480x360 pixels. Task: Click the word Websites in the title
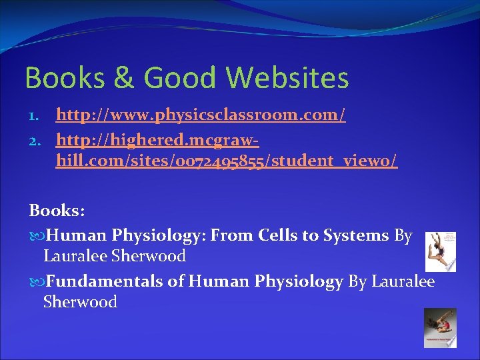[287, 78]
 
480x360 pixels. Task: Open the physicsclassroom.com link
[201, 116]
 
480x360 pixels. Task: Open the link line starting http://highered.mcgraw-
[157, 141]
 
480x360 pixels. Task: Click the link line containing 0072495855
[227, 163]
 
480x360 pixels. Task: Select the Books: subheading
[57, 211]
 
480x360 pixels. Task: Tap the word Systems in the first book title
[357, 235]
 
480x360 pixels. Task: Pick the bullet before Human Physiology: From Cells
[37, 236]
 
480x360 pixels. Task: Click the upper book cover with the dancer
[441, 251]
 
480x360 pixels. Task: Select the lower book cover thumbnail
[440, 327]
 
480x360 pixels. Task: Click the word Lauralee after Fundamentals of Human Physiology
[403, 282]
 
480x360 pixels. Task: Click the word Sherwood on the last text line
[80, 302]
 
